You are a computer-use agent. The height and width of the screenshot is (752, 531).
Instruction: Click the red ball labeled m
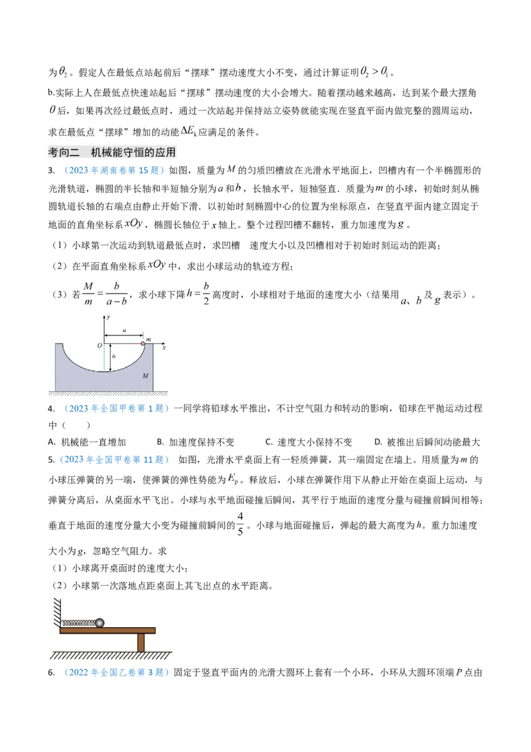coord(143,343)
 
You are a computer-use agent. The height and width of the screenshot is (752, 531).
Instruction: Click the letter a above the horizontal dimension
coord(123,330)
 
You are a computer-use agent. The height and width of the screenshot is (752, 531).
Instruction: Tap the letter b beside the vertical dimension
coord(115,357)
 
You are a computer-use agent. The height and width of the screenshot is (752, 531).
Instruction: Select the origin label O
coord(98,346)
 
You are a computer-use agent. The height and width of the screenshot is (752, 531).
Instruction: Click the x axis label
coord(164,347)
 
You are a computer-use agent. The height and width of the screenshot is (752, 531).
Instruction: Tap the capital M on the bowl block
coord(146,376)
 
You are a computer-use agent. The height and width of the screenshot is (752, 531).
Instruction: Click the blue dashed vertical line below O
coord(104,359)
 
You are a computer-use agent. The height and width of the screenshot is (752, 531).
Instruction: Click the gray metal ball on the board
coord(100,622)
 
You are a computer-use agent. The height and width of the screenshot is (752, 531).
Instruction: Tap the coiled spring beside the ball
coord(78,623)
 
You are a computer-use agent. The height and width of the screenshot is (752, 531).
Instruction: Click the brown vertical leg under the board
coord(141,642)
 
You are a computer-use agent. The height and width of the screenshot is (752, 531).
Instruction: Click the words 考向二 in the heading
coord(64,153)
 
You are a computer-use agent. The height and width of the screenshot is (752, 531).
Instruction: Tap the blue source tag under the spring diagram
coord(117,673)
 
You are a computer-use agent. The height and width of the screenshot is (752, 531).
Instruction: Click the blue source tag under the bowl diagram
coord(117,409)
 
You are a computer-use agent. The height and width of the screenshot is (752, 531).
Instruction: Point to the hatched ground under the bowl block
coord(106,395)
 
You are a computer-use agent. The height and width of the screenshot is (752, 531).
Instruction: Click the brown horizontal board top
coord(108,630)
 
